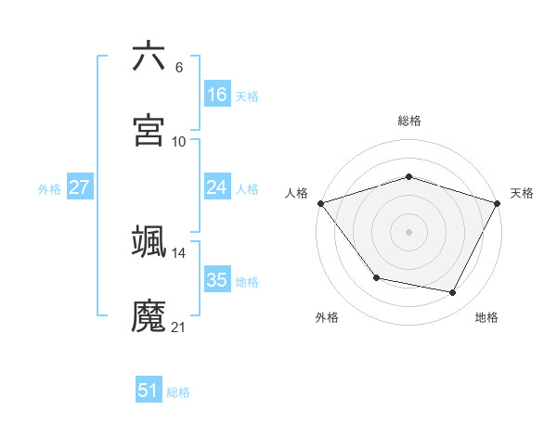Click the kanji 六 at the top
(149, 57)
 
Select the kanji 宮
(149, 131)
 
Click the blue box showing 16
(217, 95)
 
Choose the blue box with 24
(217, 187)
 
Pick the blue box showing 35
(217, 280)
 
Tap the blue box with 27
(79, 187)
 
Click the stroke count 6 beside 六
(179, 67)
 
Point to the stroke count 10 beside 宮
(179, 141)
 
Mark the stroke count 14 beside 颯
(179, 252)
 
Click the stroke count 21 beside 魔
(179, 327)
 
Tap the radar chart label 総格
(409, 121)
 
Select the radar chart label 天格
(522, 193)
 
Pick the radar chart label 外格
(327, 317)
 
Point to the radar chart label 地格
(486, 317)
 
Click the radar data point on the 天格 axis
(499, 203)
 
